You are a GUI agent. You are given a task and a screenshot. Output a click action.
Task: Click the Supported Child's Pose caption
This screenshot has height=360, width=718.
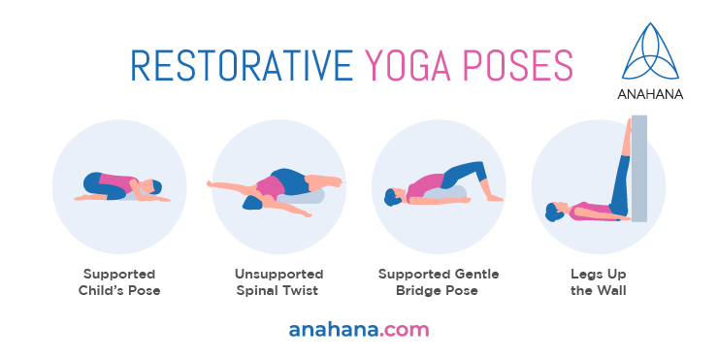(119, 282)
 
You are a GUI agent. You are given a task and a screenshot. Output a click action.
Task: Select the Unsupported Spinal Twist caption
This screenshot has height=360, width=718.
(278, 282)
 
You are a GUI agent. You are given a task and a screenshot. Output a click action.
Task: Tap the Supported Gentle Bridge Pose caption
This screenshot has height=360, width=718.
(439, 282)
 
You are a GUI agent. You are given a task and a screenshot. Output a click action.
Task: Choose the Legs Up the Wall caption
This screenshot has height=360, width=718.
(598, 282)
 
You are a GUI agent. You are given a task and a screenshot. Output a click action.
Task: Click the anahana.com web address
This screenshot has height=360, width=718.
(358, 329)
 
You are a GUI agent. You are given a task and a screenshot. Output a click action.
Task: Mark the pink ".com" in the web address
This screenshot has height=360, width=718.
(403, 329)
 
